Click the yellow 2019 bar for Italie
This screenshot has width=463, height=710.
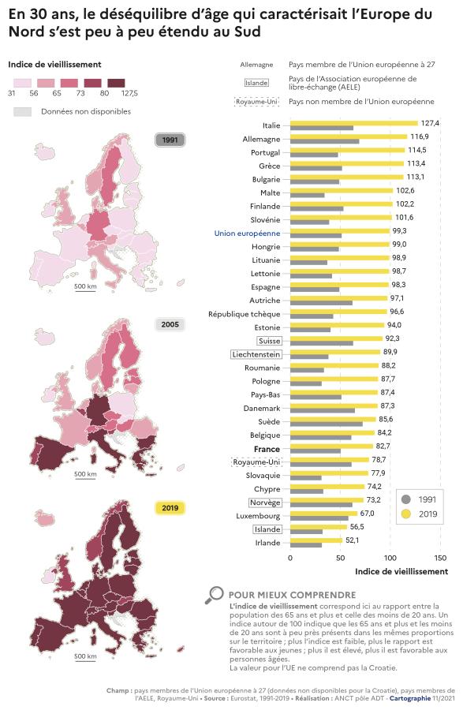pyautogui.click(x=353, y=123)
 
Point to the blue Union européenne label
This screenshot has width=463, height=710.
pyautogui.click(x=247, y=234)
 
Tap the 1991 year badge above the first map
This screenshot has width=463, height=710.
pyautogui.click(x=170, y=140)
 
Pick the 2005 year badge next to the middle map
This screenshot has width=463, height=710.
pyautogui.click(x=170, y=324)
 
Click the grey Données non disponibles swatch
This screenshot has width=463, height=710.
pyautogui.click(x=23, y=111)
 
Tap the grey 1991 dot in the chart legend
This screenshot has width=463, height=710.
pyautogui.click(x=406, y=499)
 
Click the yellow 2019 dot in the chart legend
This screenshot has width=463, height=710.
pyautogui.click(x=406, y=514)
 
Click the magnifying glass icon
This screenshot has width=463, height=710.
pyautogui.click(x=213, y=596)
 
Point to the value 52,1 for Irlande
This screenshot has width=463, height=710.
pyautogui.click(x=353, y=540)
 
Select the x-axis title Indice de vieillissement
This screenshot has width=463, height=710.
pyautogui.click(x=401, y=571)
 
